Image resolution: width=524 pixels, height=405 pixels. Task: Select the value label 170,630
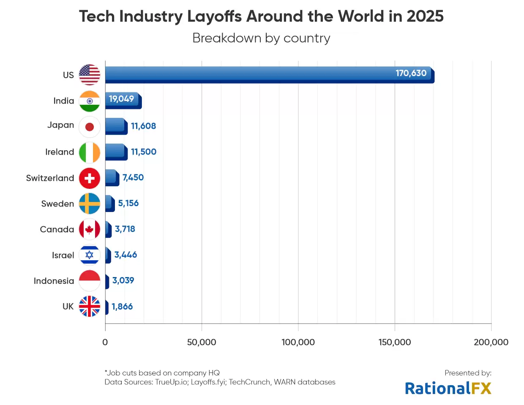click(x=411, y=73)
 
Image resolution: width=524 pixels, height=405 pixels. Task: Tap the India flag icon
click(x=90, y=101)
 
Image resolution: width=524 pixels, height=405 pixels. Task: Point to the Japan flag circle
click(x=90, y=127)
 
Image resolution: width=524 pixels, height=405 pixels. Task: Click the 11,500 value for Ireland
click(x=144, y=152)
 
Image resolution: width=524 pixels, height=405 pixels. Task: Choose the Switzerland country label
click(x=50, y=178)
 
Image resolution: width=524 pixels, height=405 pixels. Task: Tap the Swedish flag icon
click(x=90, y=204)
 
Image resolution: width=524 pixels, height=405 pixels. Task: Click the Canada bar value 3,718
click(x=125, y=229)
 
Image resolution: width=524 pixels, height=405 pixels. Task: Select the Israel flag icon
click(x=90, y=255)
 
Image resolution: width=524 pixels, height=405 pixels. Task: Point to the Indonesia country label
click(x=54, y=281)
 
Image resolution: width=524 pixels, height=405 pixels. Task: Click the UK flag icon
click(x=90, y=306)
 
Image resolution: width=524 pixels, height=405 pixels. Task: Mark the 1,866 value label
click(x=122, y=307)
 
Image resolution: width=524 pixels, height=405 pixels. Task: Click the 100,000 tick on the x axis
click(x=298, y=342)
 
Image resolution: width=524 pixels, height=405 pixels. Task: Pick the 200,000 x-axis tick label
click(x=491, y=342)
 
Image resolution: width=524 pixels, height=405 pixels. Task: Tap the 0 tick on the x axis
click(x=105, y=342)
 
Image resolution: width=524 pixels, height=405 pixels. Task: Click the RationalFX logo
click(x=448, y=388)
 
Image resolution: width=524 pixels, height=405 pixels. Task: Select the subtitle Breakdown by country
click(x=261, y=38)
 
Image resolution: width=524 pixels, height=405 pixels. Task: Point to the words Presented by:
click(x=468, y=373)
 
